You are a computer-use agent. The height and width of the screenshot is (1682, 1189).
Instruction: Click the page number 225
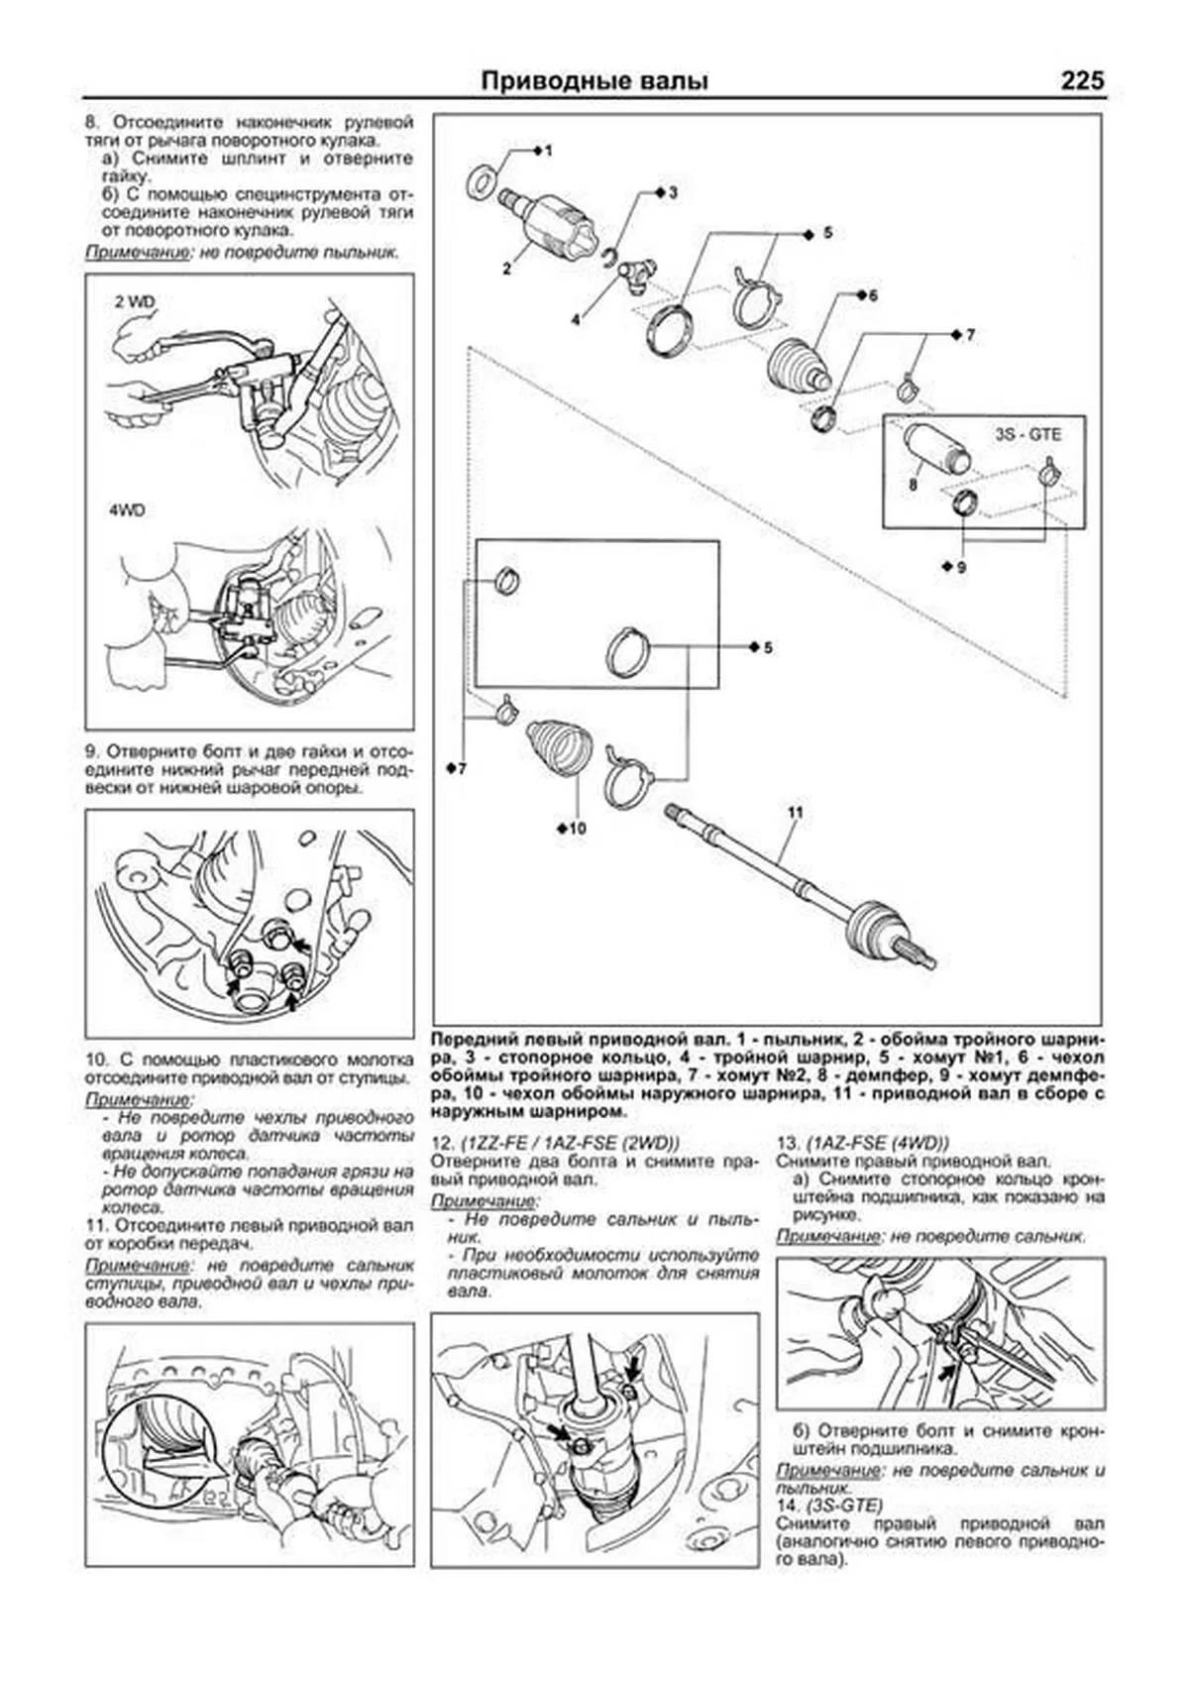(x=1081, y=81)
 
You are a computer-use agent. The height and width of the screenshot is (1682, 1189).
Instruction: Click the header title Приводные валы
(x=594, y=81)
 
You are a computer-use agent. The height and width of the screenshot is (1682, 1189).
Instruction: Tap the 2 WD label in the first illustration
(x=136, y=301)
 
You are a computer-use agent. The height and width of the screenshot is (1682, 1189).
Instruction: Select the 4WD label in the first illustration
(x=126, y=511)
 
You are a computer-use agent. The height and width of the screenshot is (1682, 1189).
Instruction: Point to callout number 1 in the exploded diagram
(x=549, y=151)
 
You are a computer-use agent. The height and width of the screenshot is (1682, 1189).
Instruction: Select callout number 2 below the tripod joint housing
(x=506, y=268)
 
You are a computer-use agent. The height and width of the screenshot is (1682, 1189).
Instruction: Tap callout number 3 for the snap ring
(x=673, y=192)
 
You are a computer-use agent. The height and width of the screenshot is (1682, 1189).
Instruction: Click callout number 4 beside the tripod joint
(x=575, y=319)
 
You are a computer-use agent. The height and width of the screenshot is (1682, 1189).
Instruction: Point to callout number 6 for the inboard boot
(x=873, y=295)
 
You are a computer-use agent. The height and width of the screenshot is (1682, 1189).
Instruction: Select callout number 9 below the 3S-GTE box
(x=960, y=567)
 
